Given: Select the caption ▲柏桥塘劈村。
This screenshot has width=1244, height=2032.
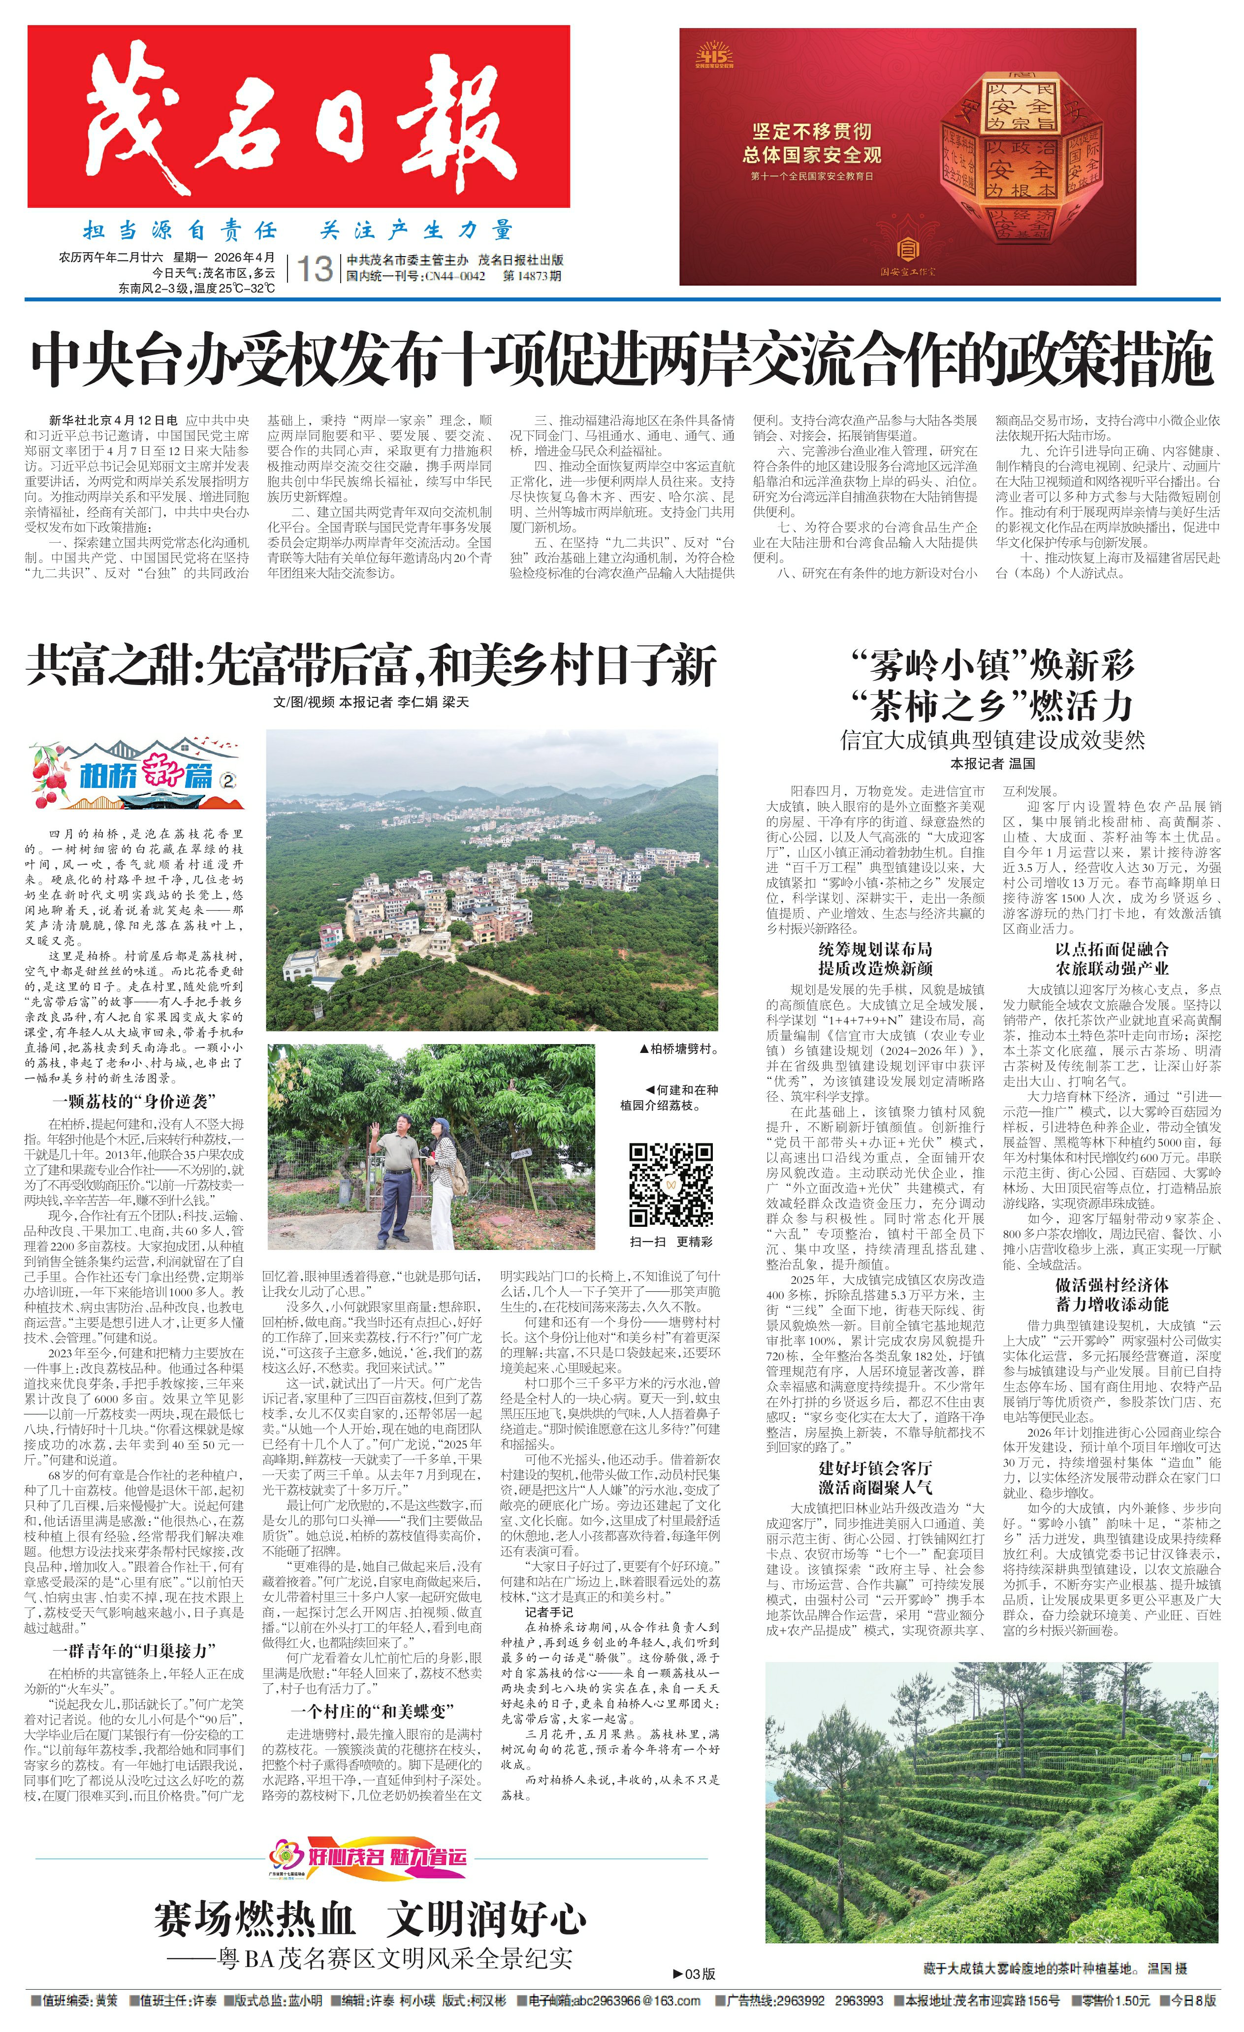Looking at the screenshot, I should (678, 1049).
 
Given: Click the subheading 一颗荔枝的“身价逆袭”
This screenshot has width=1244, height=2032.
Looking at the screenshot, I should (133, 1101).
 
